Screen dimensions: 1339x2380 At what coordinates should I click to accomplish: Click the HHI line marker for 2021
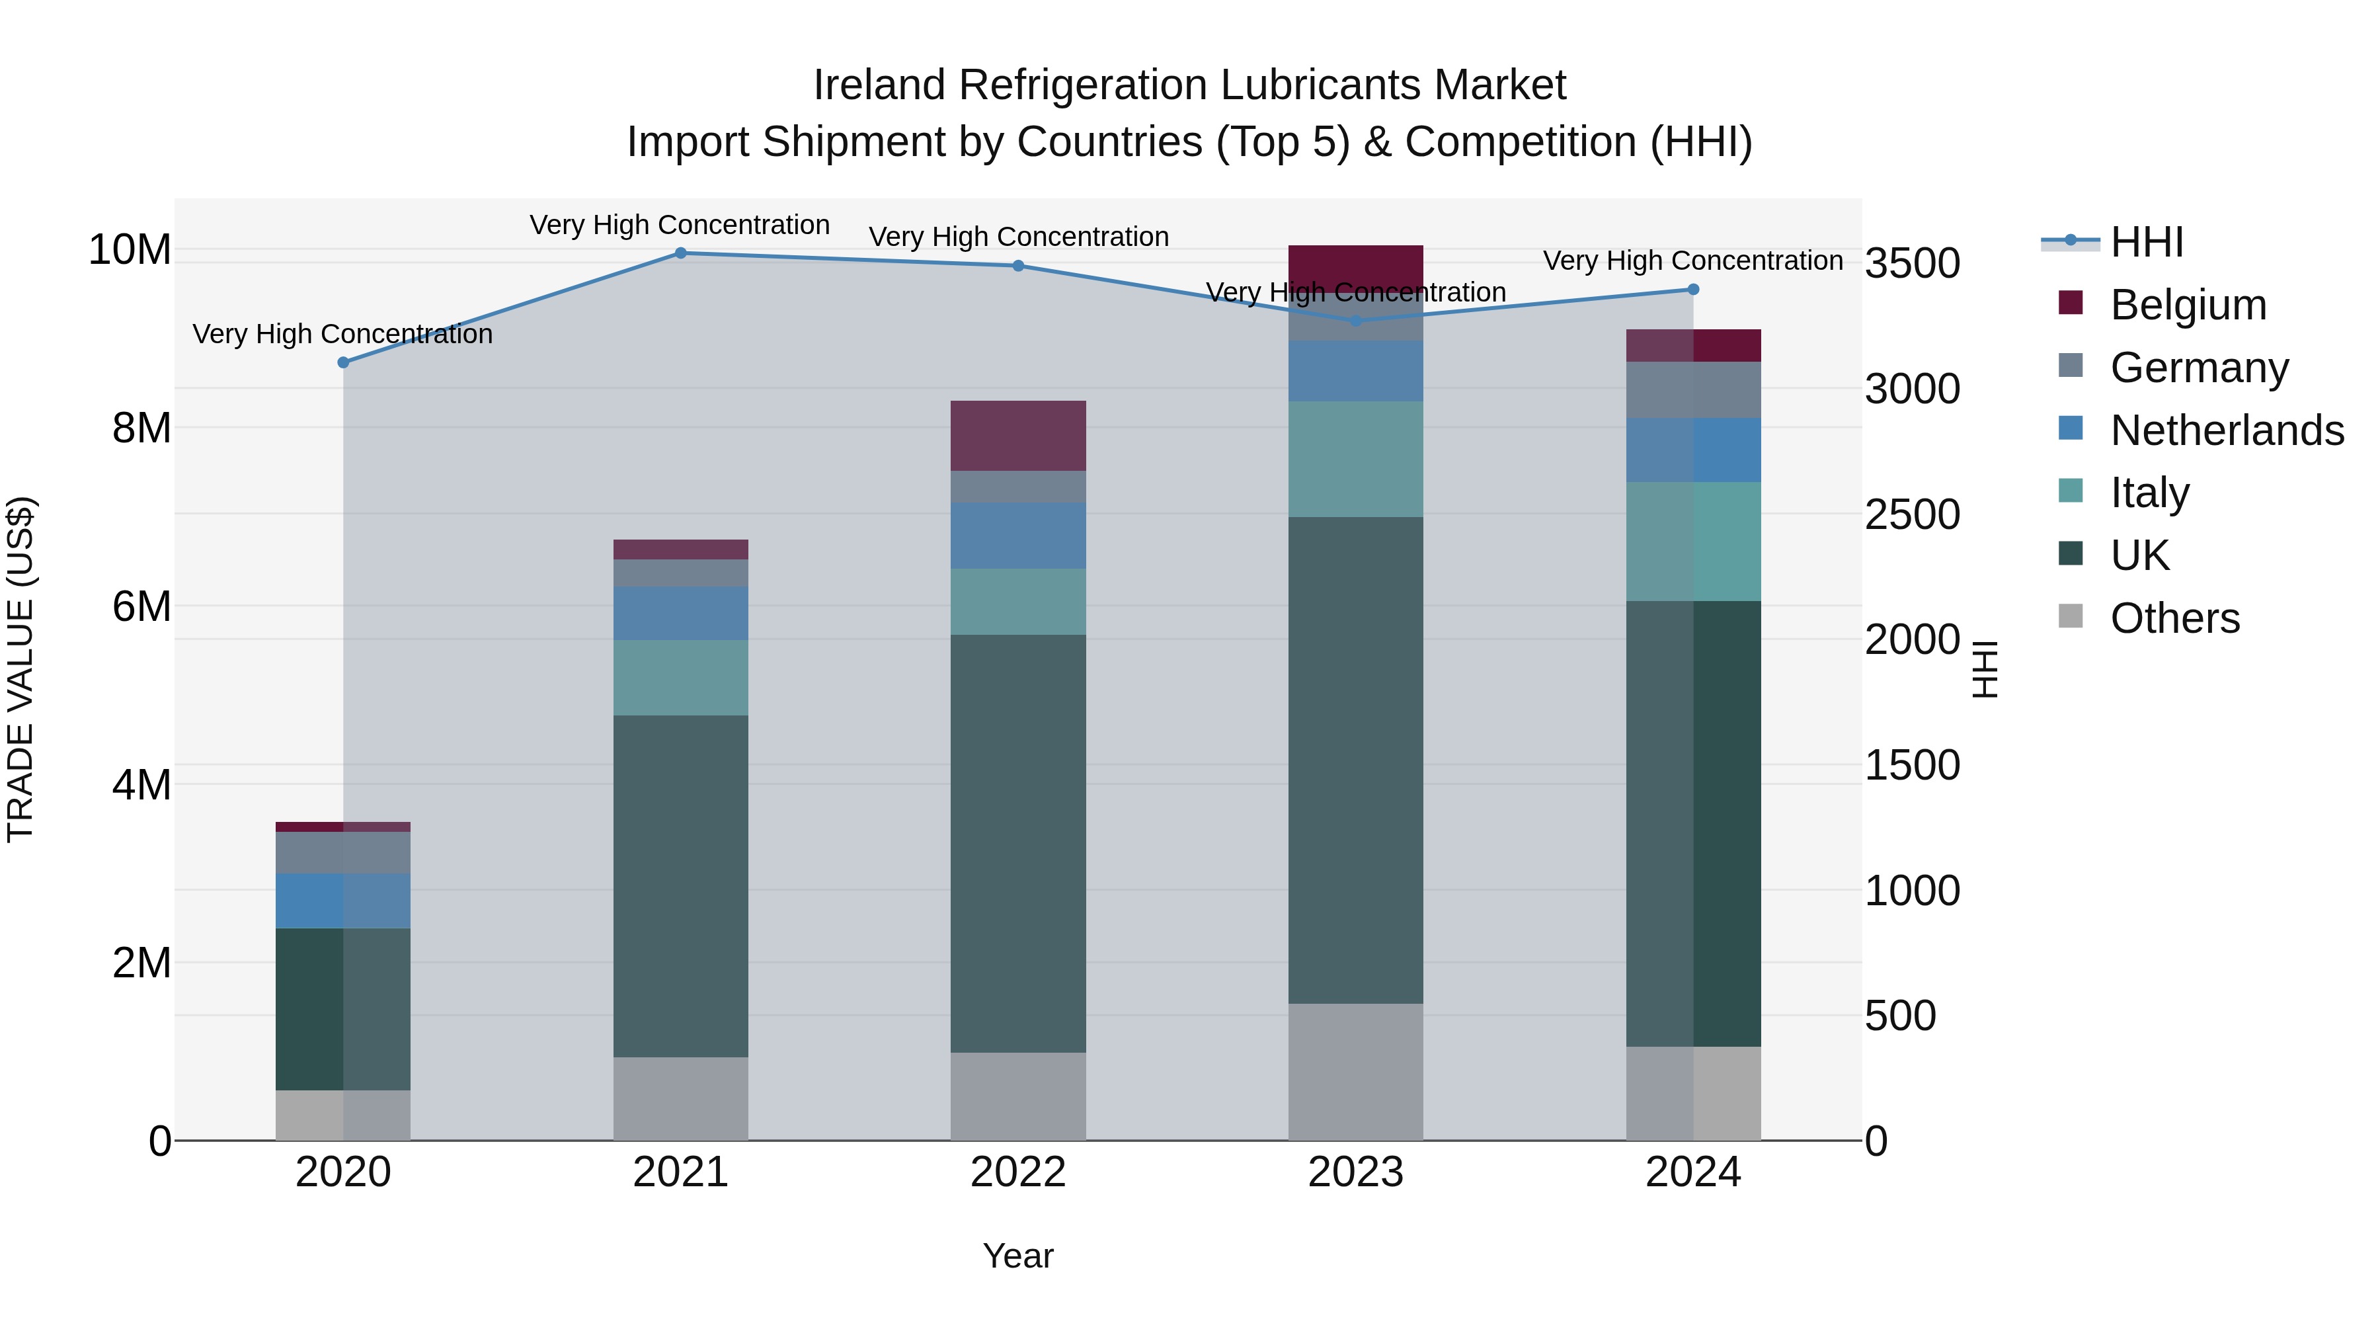[x=680, y=253]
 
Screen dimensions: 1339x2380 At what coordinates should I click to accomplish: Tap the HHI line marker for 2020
[x=342, y=362]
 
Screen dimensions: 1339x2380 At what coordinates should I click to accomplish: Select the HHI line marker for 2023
[x=1355, y=321]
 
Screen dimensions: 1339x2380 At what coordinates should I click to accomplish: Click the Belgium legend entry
[x=2188, y=305]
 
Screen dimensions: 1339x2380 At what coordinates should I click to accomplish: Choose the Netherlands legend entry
[x=2227, y=430]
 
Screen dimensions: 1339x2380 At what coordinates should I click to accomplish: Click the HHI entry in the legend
[x=2146, y=242]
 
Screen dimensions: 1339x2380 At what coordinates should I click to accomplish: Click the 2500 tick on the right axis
[x=1911, y=514]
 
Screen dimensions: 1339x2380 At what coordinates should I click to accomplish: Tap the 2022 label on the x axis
[x=1017, y=1172]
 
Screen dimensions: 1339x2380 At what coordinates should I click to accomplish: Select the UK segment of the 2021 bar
[x=680, y=885]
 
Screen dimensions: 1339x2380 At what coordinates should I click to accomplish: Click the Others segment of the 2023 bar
[x=1355, y=1071]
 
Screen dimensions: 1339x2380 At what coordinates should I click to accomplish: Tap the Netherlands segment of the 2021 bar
[x=680, y=613]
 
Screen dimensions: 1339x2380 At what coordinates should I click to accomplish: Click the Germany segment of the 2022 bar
[x=1017, y=486]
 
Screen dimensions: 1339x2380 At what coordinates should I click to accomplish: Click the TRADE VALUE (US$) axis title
[x=20, y=669]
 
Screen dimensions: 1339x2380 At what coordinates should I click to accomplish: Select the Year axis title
[x=1017, y=1256]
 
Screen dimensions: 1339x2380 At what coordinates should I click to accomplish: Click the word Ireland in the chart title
[x=879, y=85]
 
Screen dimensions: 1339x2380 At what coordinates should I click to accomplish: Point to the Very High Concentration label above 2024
[x=1692, y=261]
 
